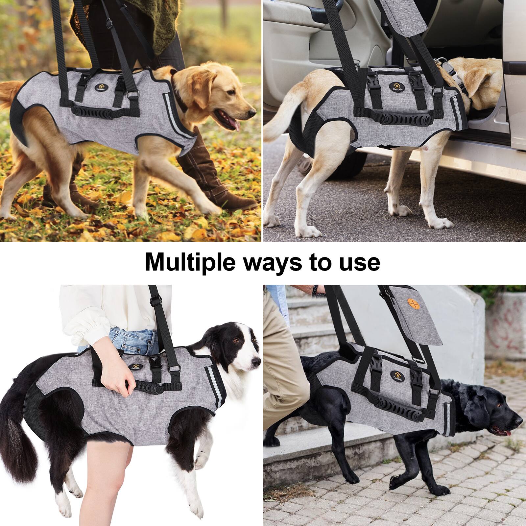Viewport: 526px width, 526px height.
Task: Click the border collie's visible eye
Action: point(235,341)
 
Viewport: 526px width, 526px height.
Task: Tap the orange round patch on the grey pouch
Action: point(418,304)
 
